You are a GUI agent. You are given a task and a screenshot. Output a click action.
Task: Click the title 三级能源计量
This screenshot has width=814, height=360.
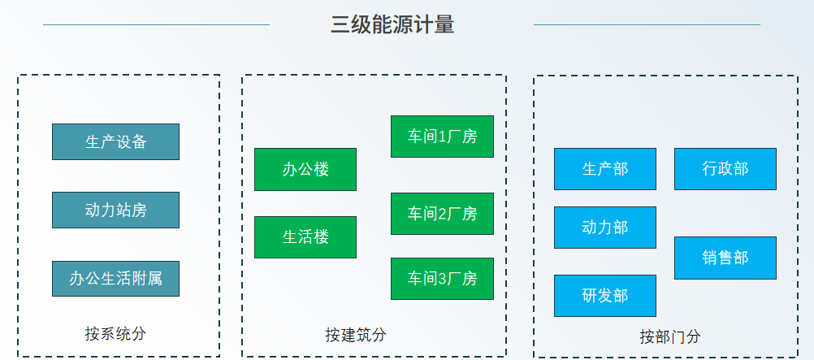coord(392,24)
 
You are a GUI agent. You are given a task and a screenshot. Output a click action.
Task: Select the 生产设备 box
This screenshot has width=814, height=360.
coord(116,142)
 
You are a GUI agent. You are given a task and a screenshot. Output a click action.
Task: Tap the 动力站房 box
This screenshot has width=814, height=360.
coord(116,210)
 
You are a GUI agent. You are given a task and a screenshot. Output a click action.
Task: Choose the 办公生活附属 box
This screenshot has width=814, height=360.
coord(116,279)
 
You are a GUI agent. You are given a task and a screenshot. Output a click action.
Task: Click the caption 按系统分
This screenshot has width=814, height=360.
coord(116,333)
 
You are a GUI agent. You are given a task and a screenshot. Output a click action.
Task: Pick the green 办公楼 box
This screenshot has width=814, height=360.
coord(305,169)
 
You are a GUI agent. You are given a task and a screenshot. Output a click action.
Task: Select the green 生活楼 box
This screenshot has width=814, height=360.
coord(305,237)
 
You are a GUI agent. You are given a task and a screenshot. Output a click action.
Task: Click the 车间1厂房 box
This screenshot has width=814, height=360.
coord(442,137)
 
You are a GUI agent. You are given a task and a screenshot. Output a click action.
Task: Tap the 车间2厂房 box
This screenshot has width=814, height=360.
coord(442,214)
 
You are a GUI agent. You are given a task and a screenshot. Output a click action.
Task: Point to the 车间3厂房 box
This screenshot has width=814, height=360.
coord(442,279)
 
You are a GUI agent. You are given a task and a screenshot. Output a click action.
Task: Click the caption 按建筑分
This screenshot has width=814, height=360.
coord(356,335)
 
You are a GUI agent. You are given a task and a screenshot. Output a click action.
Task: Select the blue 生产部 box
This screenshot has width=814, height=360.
coord(605,169)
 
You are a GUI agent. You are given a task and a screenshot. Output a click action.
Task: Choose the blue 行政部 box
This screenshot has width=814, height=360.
coord(725,169)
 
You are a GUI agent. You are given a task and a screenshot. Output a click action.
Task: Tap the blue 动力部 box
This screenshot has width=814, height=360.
coord(605,228)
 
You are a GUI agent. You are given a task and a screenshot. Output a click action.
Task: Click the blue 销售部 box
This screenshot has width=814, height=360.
coord(725,258)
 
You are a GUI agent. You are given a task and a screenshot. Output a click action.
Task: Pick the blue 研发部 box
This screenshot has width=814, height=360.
coord(605,296)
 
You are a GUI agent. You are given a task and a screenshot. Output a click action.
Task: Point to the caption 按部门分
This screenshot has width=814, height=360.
coord(670,336)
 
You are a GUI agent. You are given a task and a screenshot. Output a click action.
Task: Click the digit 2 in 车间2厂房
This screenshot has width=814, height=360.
coord(443,214)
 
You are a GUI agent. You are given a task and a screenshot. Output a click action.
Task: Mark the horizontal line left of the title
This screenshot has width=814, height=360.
coord(156,24)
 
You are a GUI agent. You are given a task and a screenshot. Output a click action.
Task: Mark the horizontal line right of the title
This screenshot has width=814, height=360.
coord(647,24)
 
